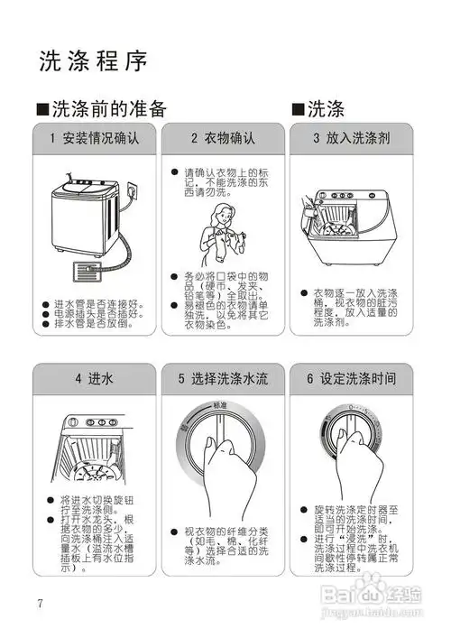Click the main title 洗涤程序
(93, 60)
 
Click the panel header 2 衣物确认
(223, 139)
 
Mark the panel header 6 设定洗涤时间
(350, 378)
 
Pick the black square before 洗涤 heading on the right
(298, 110)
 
